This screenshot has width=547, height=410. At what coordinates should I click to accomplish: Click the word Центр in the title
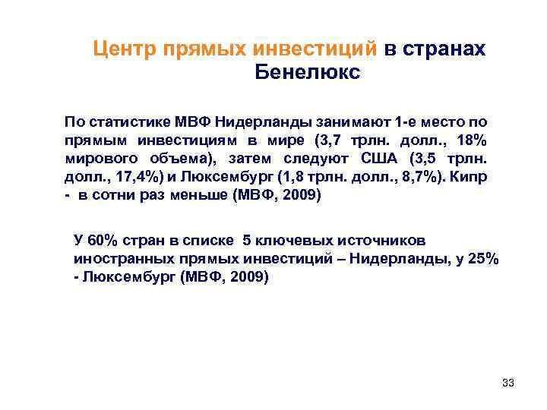point(124,49)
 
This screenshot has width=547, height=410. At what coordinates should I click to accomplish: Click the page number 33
point(508,383)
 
